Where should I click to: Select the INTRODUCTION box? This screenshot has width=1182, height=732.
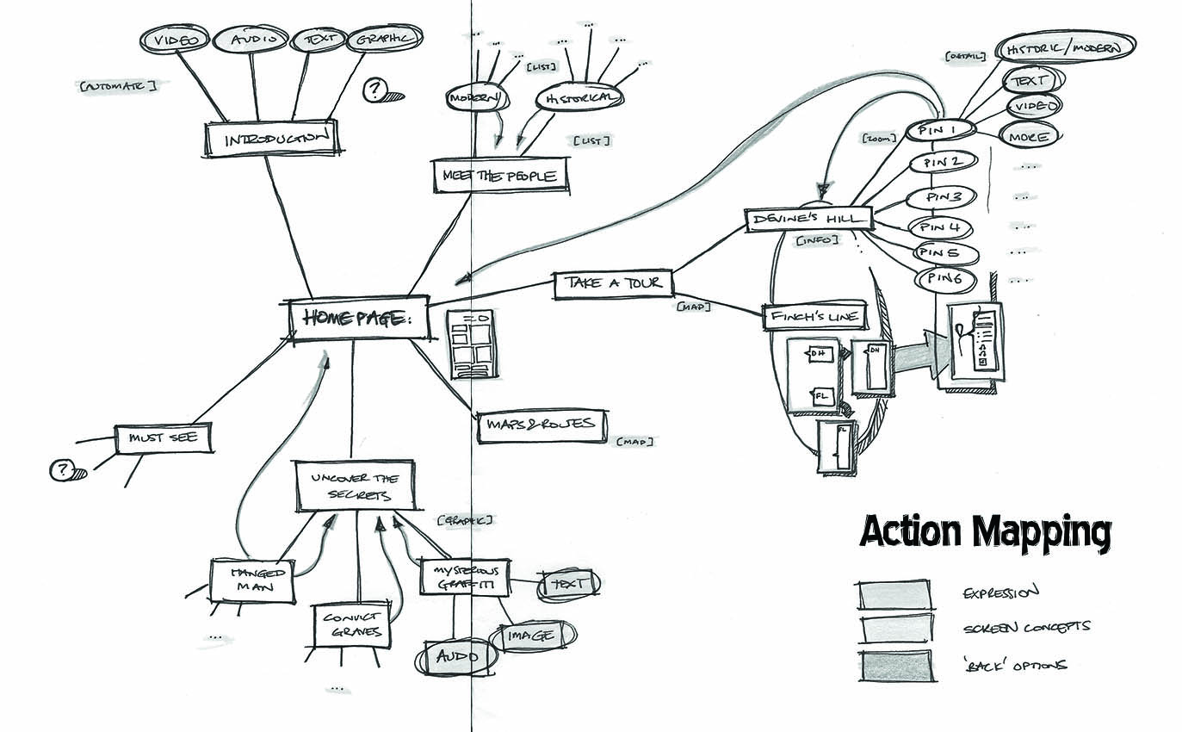pyautogui.click(x=269, y=138)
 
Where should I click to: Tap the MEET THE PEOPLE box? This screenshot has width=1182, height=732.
pyautogui.click(x=500, y=176)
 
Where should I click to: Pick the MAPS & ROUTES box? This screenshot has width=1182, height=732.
pyautogui.click(x=541, y=425)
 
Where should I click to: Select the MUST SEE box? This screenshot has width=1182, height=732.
pyautogui.click(x=164, y=438)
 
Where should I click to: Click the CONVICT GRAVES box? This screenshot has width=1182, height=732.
pyautogui.click(x=352, y=626)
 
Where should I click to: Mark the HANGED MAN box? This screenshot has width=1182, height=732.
pyautogui.click(x=252, y=581)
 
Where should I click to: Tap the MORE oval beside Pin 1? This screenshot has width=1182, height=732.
pyautogui.click(x=1028, y=137)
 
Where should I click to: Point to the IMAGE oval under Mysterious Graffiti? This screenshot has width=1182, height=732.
pyautogui.click(x=533, y=636)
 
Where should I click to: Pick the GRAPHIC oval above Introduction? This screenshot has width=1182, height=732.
pyautogui.click(x=385, y=40)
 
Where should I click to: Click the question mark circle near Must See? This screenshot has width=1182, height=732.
pyautogui.click(x=62, y=470)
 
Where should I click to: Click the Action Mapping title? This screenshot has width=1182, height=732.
pyautogui.click(x=985, y=532)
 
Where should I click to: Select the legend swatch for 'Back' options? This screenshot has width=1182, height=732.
pyautogui.click(x=894, y=667)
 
